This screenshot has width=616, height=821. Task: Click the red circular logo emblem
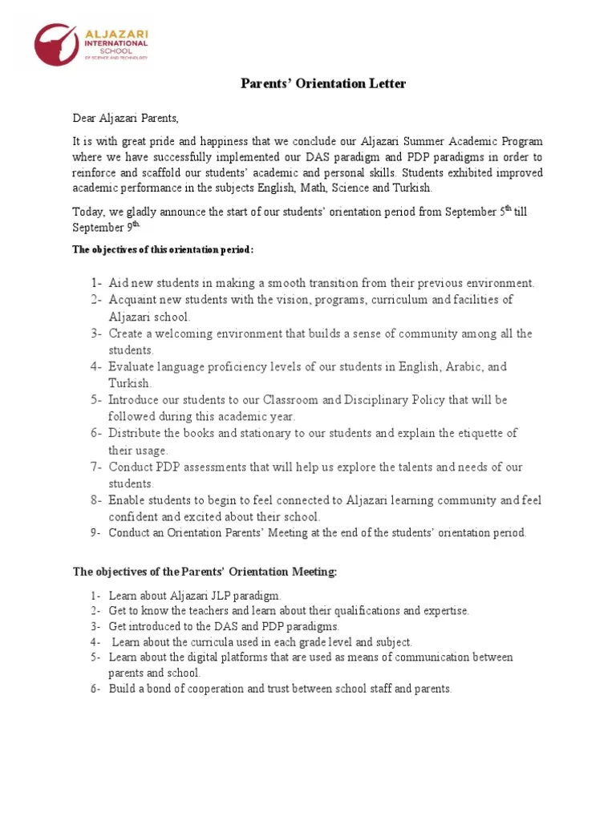tap(56, 44)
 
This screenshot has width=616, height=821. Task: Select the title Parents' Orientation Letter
tap(324, 84)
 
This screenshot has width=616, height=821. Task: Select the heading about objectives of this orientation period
tap(163, 249)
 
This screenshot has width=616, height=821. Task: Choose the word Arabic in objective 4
tap(464, 366)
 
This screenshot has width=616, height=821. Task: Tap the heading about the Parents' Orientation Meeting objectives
tap(205, 572)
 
